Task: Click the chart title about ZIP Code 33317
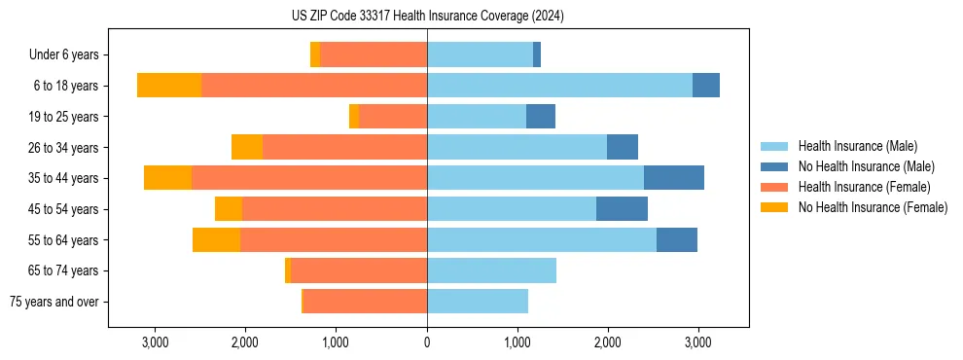427,17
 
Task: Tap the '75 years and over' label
54,302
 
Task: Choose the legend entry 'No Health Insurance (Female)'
873,207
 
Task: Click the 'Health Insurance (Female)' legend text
864,187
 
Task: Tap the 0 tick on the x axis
427,342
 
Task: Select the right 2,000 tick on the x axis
607,342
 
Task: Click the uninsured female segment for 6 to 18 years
169,86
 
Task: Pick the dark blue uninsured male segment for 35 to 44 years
673,178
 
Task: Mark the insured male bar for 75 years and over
478,302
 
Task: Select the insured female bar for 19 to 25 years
393,117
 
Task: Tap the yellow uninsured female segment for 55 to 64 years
216,239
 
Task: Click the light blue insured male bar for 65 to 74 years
491,270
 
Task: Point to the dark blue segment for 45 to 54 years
622,209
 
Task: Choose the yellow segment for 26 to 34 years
247,147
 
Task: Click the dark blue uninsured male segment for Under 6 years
537,55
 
